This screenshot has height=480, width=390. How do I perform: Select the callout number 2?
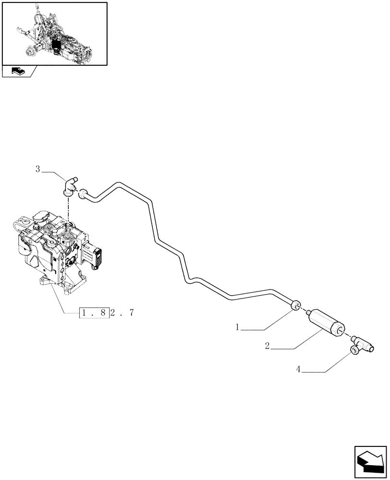click(x=267, y=346)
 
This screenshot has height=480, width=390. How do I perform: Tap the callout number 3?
click(x=37, y=168)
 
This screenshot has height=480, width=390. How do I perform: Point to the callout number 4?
click(x=299, y=369)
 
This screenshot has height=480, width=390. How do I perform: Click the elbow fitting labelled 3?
click(x=69, y=187)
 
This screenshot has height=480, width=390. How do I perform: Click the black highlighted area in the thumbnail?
click(x=57, y=46)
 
